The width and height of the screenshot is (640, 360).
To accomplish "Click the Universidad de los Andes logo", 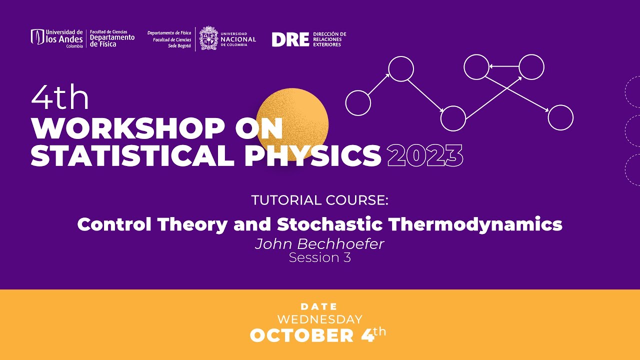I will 56,38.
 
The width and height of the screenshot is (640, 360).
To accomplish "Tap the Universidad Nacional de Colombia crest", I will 209,38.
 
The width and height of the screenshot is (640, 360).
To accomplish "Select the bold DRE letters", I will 290,39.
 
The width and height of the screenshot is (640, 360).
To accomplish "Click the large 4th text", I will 60,98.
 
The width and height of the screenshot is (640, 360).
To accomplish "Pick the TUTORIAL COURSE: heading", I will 320,200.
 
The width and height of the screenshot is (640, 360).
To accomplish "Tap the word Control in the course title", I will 114,224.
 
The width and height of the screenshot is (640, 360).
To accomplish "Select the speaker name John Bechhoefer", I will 319,244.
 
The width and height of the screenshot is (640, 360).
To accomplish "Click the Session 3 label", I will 319,257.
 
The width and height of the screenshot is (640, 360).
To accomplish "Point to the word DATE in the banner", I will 319,306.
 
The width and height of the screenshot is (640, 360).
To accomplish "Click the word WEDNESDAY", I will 319,319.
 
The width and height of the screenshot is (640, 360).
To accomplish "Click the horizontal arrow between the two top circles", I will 504,65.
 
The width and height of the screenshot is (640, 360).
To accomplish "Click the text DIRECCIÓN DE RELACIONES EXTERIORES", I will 329,39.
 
